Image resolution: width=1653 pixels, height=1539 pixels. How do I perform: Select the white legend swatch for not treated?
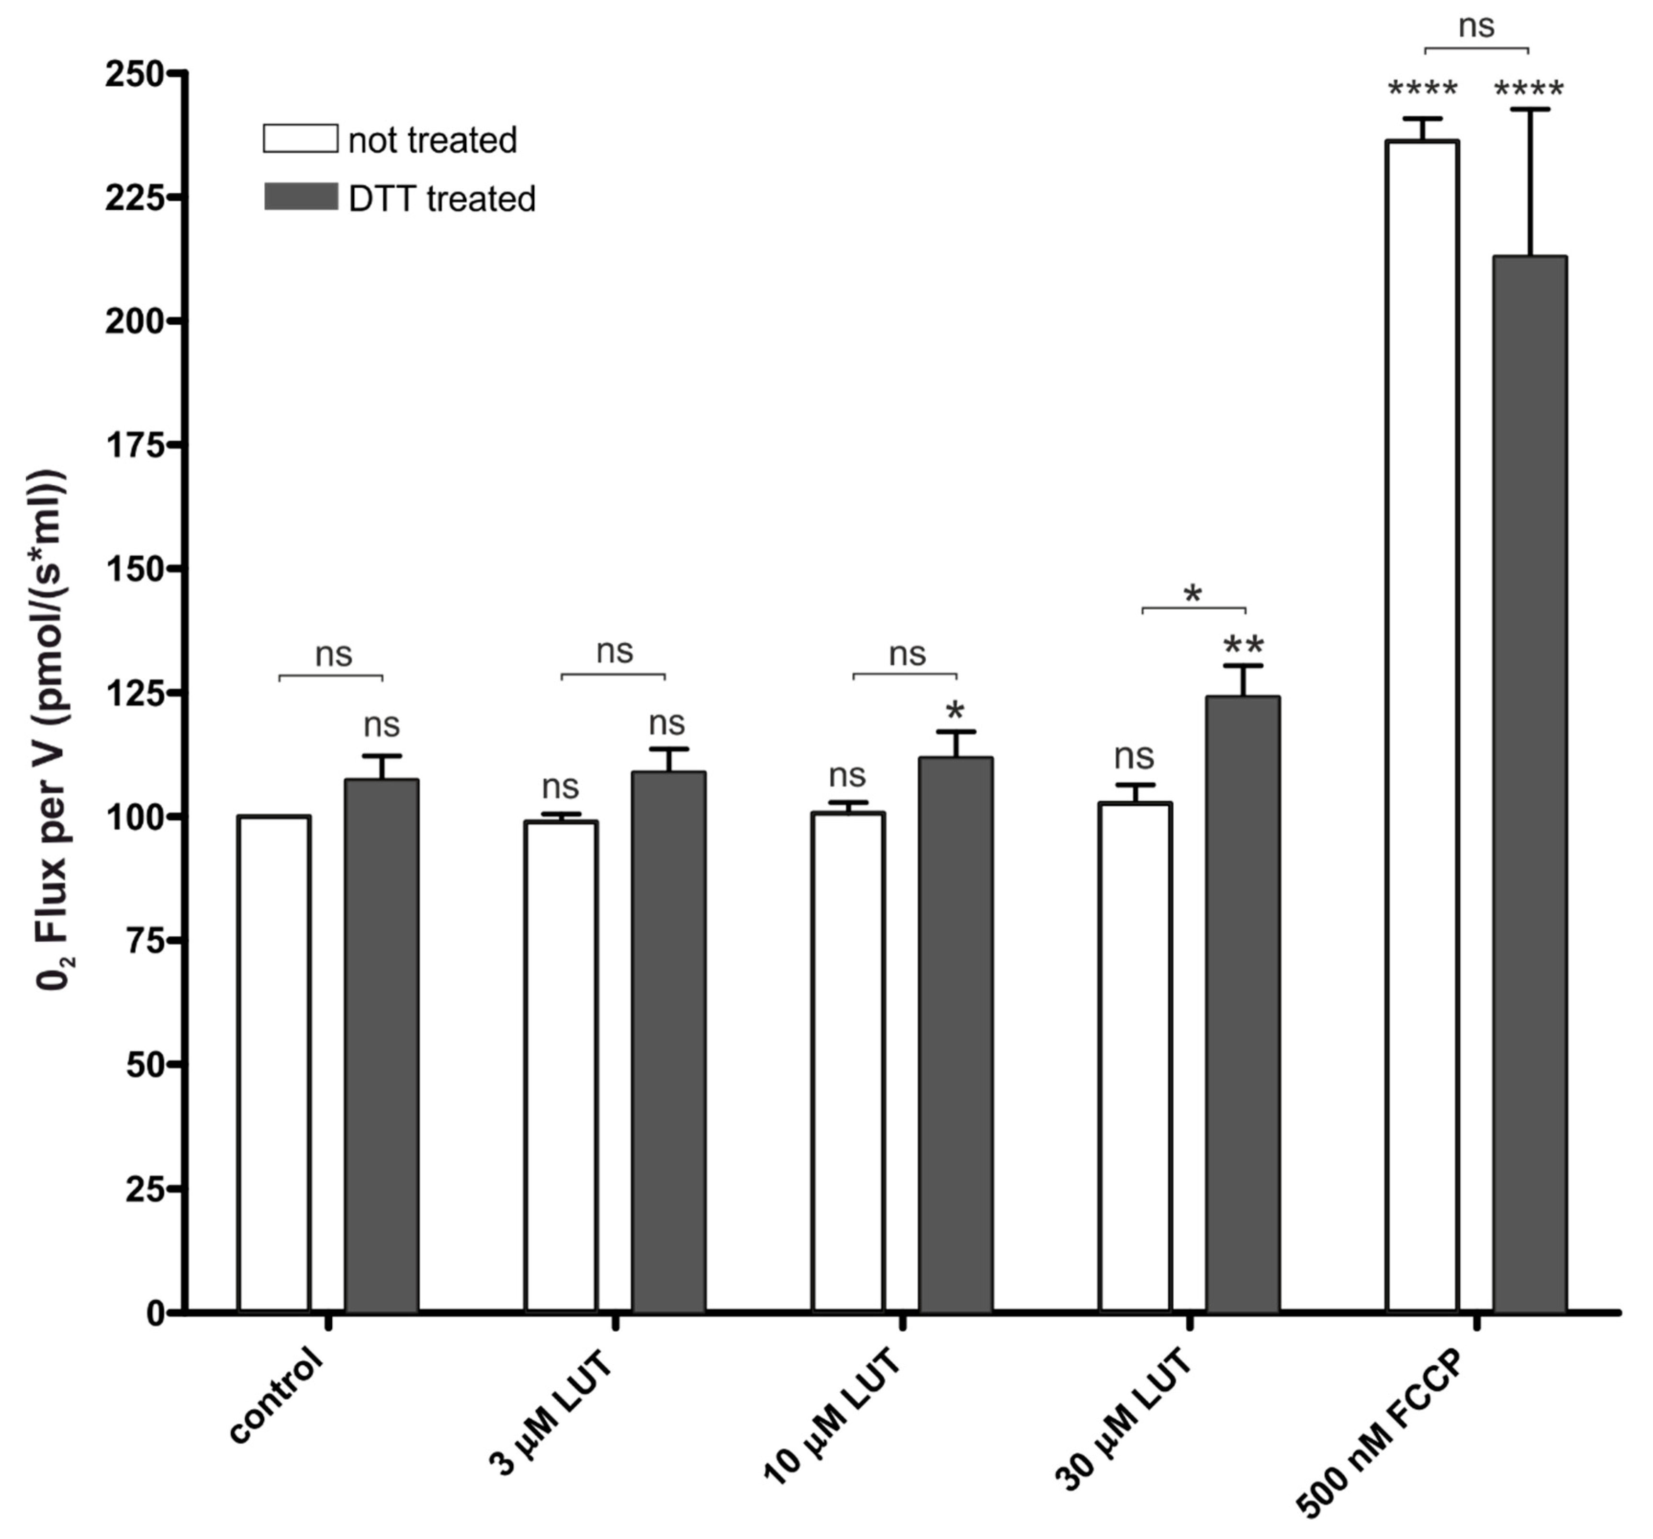tap(300, 139)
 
